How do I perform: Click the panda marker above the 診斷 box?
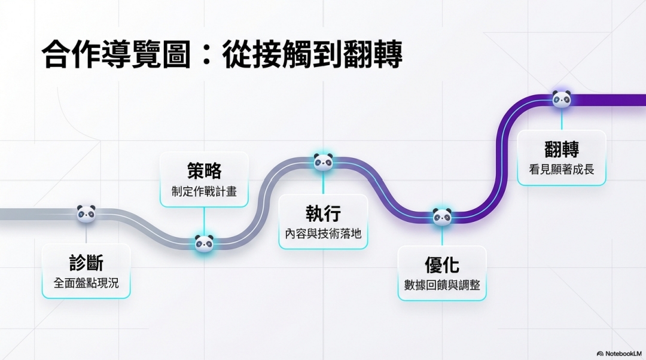[x=86, y=213]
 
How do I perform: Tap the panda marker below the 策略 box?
[x=204, y=243]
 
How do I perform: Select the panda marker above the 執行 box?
[x=323, y=161]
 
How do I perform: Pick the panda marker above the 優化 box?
[x=442, y=216]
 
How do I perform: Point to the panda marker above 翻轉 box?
[x=561, y=99]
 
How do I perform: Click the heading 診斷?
[x=86, y=263]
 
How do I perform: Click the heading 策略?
[x=204, y=170]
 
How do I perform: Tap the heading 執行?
[x=323, y=213]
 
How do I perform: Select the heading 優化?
[x=442, y=264]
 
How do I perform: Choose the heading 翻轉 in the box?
[x=561, y=149]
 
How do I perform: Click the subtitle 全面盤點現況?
[x=86, y=283]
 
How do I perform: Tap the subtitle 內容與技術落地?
[x=323, y=234]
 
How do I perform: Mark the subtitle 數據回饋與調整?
[x=442, y=285]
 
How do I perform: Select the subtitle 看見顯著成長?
[x=561, y=169]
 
